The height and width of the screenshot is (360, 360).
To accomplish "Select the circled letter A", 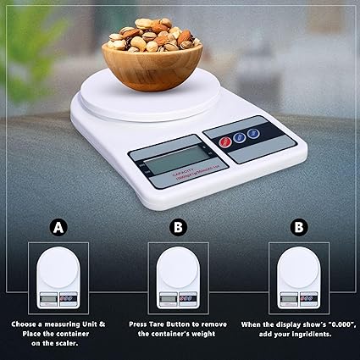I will tap(58, 227).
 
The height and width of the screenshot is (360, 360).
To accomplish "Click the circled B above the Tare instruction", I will tap(178, 227).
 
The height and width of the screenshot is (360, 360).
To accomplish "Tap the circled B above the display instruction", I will tap(298, 227).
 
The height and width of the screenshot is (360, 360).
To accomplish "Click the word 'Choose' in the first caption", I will tap(25, 324).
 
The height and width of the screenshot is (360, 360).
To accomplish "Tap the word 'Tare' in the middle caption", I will tap(173, 324).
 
